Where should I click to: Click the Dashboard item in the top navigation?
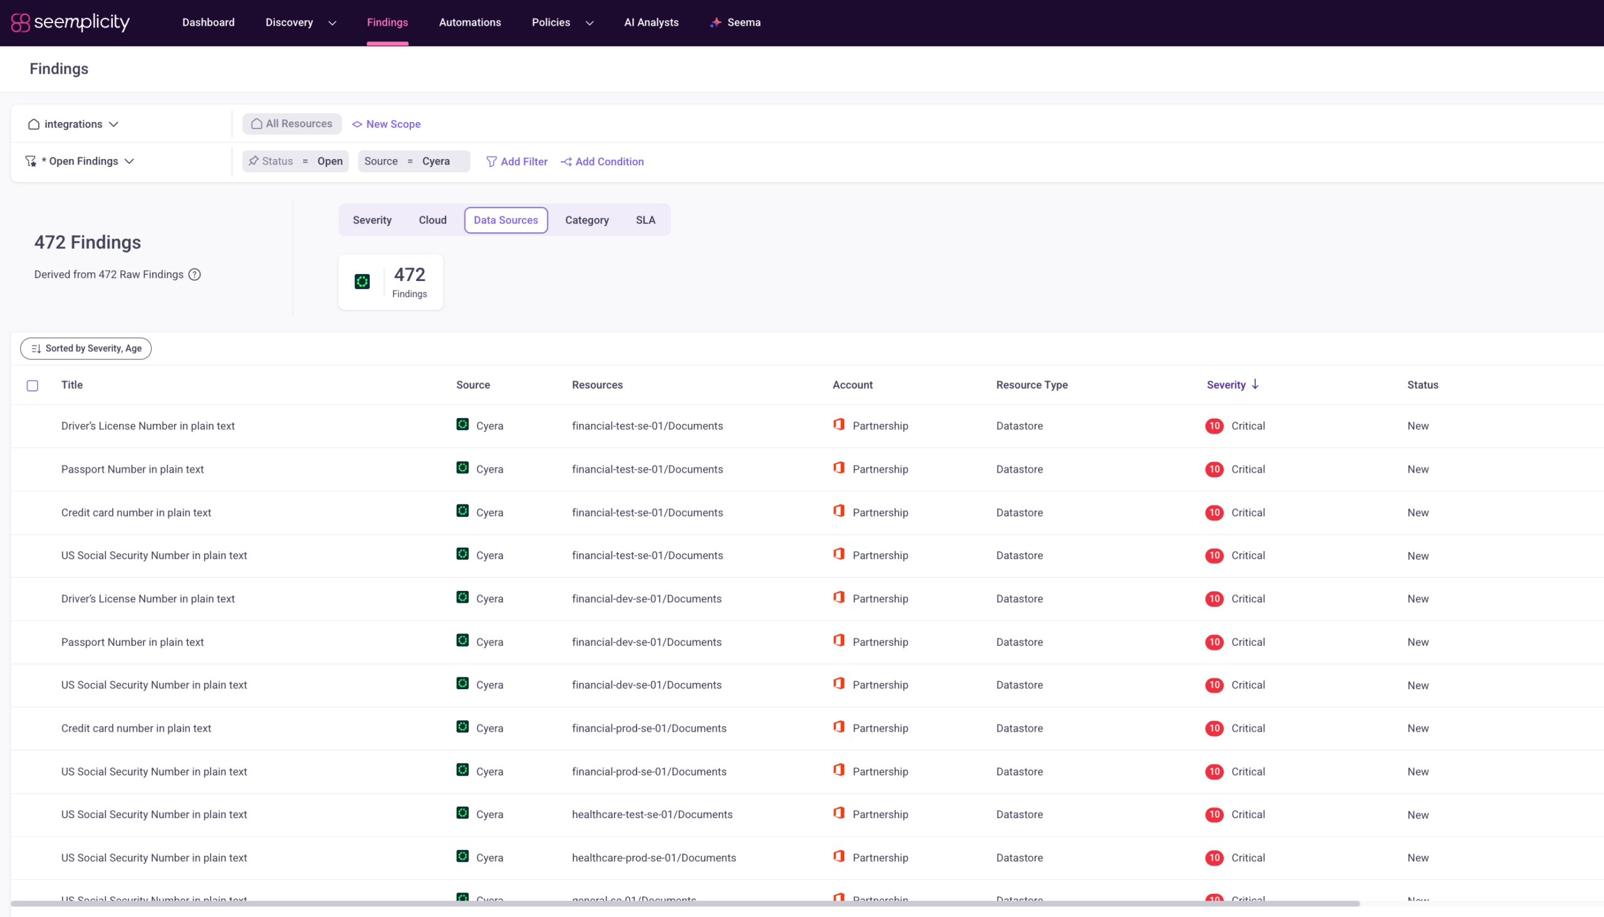pos(208,23)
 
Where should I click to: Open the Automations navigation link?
pos(469,23)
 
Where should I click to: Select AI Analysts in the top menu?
pos(651,23)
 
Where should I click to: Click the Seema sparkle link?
pos(735,23)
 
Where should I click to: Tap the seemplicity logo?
pos(71,23)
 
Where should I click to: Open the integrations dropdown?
pos(73,124)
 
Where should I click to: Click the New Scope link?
pos(387,124)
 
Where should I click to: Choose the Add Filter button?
pos(517,161)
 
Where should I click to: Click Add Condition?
pos(603,161)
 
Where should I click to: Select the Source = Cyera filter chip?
pos(414,161)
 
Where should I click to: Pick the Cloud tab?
pos(432,220)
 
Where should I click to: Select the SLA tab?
pos(645,220)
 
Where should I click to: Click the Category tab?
pos(586,220)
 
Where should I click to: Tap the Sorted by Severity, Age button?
pos(86,348)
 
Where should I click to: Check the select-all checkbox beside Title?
pos(32,386)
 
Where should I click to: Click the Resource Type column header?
pos(1032,385)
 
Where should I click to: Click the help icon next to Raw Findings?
pos(195,275)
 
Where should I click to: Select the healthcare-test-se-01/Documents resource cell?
pos(652,814)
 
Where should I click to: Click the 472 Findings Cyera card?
pos(391,282)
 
